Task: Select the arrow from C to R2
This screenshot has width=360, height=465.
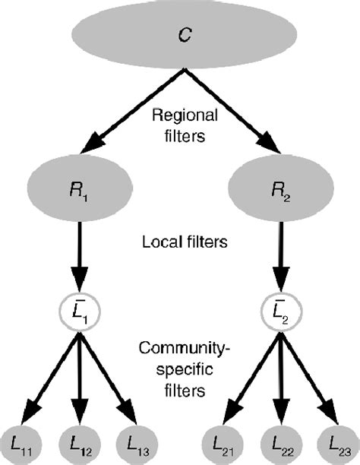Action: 228,111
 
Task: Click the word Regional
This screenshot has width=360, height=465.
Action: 179,117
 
